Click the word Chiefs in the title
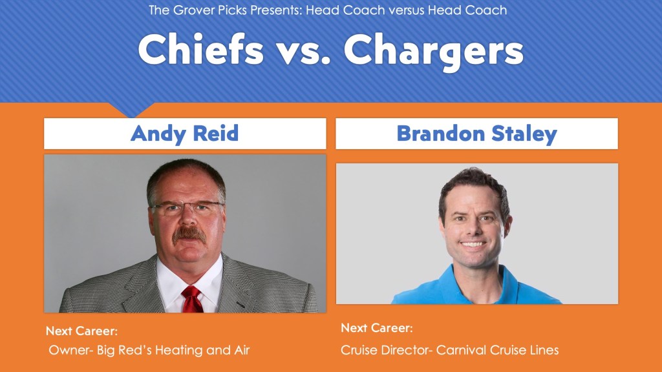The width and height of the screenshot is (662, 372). point(201,49)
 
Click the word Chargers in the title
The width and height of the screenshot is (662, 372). point(434,52)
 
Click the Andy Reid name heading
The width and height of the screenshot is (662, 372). point(184,133)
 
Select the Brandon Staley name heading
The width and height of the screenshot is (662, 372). point(476,134)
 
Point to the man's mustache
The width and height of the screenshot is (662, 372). point(189,234)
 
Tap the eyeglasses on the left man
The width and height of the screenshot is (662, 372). point(187,207)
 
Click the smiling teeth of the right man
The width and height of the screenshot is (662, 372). point(473,243)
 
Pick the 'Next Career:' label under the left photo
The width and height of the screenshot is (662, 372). point(81,331)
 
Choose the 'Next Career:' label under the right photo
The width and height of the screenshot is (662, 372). point(377,327)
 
